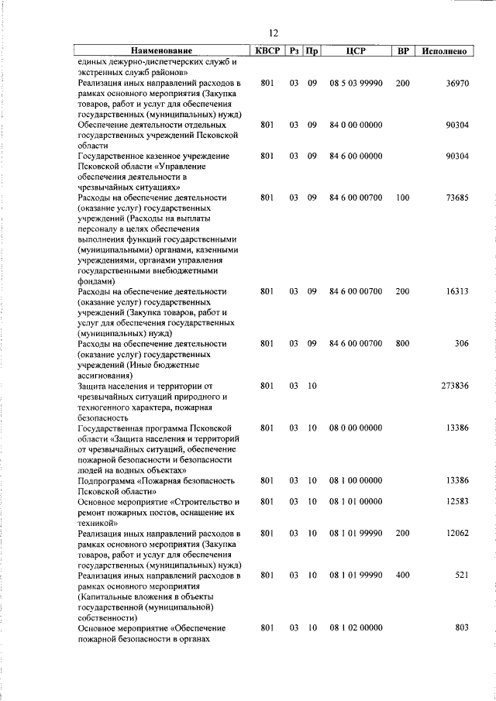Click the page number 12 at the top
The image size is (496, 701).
[273, 33]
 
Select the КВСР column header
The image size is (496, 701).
[267, 50]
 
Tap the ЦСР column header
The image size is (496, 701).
[355, 50]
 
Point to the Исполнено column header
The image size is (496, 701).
[444, 51]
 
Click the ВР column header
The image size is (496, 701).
[402, 50]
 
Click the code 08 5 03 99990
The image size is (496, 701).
[355, 82]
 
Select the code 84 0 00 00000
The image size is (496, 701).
[355, 124]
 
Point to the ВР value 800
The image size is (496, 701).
[402, 343]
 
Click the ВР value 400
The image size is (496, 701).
[402, 576]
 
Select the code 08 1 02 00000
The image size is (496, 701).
[355, 627]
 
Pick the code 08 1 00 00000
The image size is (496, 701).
[355, 480]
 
